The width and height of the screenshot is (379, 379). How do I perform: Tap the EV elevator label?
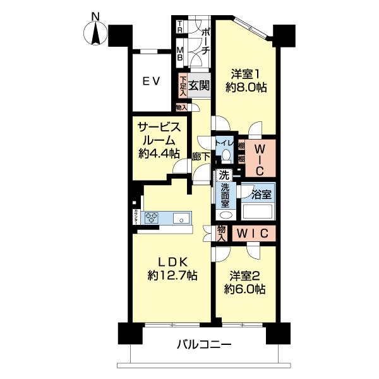[150, 80]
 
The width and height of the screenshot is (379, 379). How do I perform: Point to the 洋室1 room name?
[245, 74]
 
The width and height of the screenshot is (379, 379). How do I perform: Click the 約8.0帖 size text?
[245, 88]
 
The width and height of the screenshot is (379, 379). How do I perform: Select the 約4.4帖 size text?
[158, 153]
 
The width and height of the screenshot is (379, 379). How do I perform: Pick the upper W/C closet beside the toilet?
[260, 158]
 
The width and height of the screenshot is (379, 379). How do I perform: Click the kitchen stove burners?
[152, 218]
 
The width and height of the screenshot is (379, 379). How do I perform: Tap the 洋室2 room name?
[246, 276]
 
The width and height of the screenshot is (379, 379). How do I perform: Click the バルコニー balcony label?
[203, 346]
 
